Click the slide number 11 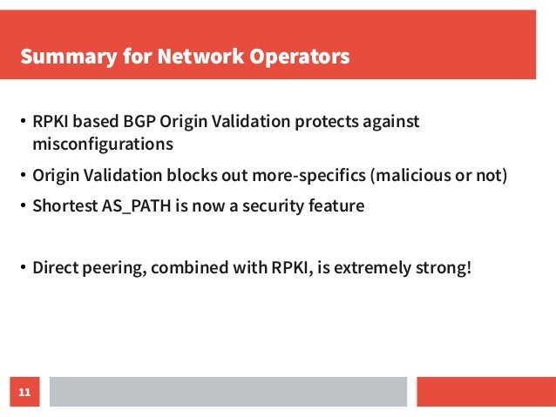pos(24,393)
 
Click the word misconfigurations pos(103,143)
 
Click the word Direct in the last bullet pos(57,265)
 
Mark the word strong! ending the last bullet pos(444,265)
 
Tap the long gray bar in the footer pos(227,392)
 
